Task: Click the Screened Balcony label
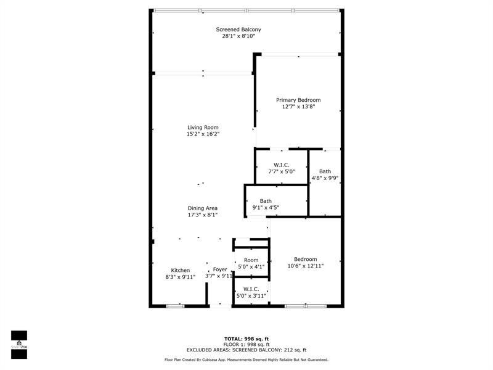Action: coord(238,30)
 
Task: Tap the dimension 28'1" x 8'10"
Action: coord(238,36)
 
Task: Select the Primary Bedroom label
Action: coord(298,100)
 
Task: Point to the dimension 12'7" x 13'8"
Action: coord(298,107)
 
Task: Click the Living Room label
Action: coord(203,128)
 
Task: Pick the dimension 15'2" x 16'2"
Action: coord(203,134)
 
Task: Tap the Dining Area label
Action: coord(203,208)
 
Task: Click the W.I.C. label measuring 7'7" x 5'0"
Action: coord(282,165)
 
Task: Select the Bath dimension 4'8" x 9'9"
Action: coord(325,178)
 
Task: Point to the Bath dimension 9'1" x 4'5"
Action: coord(266,208)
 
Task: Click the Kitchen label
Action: coord(181,271)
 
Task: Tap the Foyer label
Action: coord(220,269)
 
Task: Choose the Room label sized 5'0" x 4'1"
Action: coord(251,260)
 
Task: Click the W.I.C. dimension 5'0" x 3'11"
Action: coord(251,297)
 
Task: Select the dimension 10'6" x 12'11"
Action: coord(306,266)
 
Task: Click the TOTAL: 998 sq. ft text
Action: coord(246,339)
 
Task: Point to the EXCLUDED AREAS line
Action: coord(246,350)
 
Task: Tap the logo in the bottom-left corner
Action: coord(19,340)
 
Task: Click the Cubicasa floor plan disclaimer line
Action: coord(246,360)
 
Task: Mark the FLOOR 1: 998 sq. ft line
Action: coord(246,344)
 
